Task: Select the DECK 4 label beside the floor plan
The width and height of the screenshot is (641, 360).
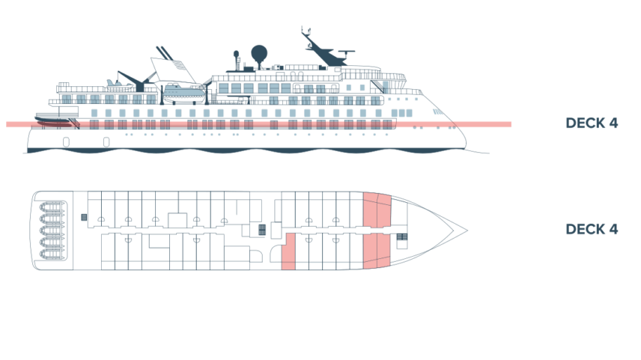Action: pyautogui.click(x=592, y=230)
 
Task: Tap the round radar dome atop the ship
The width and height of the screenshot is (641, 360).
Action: pyautogui.click(x=258, y=52)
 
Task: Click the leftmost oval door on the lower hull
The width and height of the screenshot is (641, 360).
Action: pyautogui.click(x=66, y=141)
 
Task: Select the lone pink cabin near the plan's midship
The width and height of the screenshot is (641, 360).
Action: pyautogui.click(x=288, y=251)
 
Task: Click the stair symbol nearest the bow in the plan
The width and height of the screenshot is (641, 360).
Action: pyautogui.click(x=402, y=238)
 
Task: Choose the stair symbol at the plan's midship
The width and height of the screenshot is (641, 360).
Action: pyautogui.click(x=261, y=230)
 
